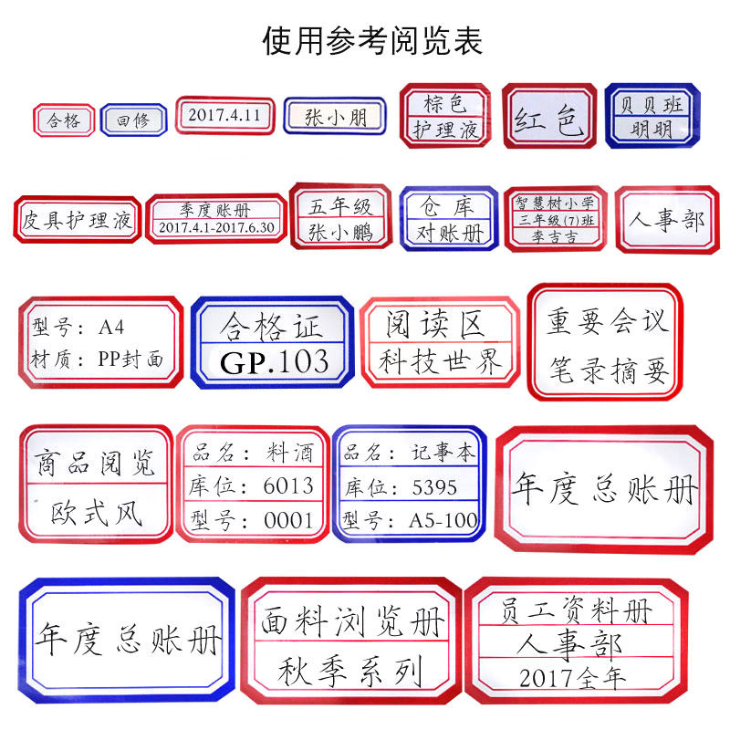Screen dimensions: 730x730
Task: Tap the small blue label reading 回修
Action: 133,120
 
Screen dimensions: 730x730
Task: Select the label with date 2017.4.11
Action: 224,116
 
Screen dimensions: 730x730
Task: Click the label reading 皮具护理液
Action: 78,220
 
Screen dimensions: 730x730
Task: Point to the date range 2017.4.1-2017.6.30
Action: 216,227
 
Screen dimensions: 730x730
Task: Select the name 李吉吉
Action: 555,235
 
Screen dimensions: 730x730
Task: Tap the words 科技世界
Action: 442,362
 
